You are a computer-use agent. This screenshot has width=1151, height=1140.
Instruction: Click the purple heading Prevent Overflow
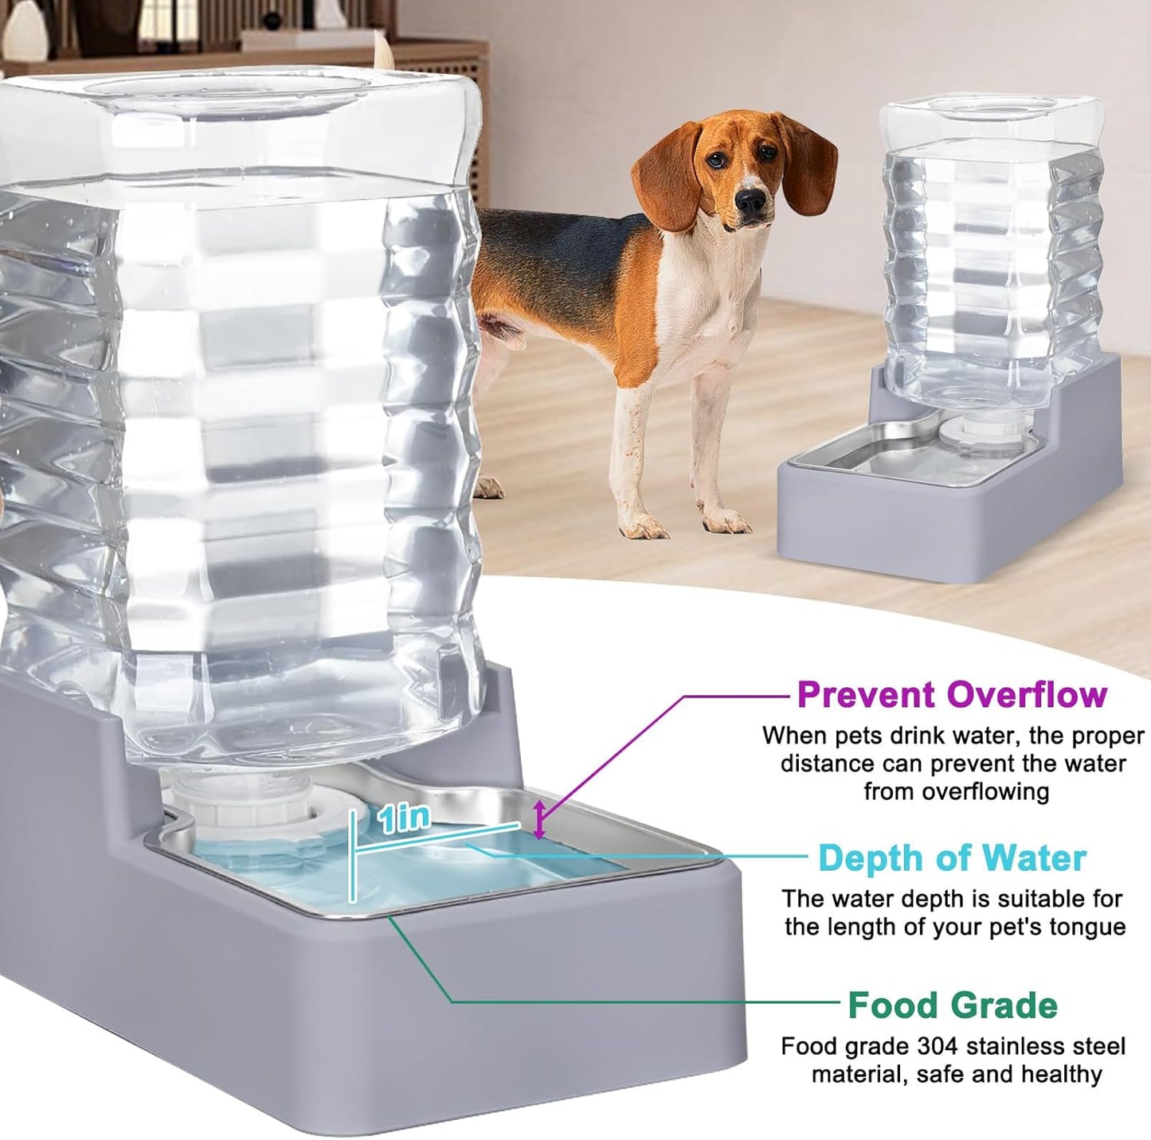951,694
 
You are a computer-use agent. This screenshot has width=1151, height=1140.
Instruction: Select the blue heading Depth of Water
952,858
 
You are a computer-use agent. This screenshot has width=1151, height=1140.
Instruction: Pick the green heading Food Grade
952,1005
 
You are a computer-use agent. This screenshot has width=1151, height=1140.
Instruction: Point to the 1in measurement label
405,817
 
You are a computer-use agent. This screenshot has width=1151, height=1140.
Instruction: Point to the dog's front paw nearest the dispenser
726,522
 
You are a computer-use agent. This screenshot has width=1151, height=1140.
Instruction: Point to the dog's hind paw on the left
487,486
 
